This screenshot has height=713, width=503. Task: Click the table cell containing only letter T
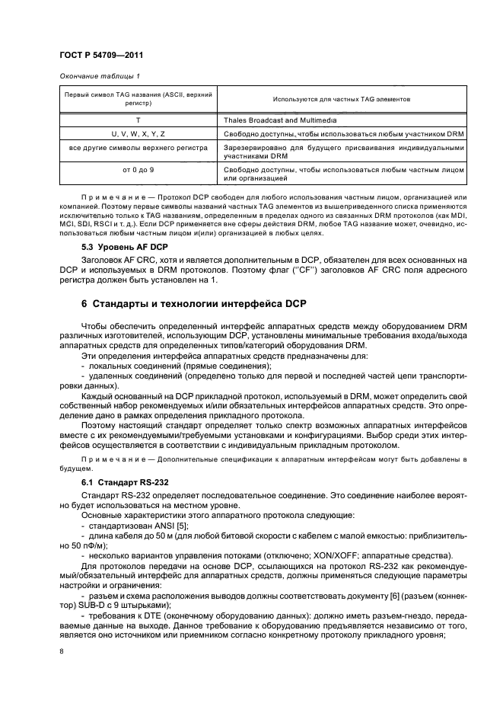[x=138, y=120]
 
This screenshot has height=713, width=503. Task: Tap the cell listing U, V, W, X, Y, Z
[x=138, y=134]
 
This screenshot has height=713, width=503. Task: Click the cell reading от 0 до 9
[x=138, y=168]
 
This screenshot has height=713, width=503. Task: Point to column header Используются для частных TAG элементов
[x=340, y=100]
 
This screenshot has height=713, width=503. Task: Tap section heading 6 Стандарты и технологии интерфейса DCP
[x=193, y=304]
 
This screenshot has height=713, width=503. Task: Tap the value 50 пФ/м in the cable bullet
[x=81, y=545]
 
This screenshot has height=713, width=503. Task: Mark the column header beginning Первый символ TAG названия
[x=138, y=100]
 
